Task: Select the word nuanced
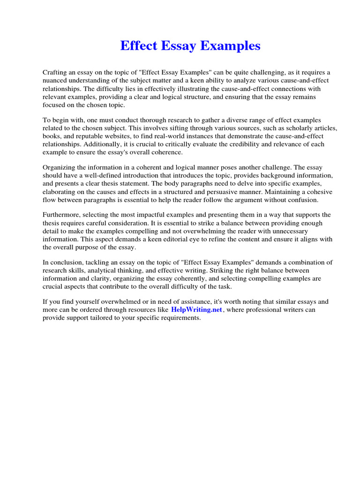click(x=56, y=80)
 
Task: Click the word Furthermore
click(x=62, y=215)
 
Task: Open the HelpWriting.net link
click(x=196, y=310)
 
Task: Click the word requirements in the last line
click(x=177, y=318)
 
